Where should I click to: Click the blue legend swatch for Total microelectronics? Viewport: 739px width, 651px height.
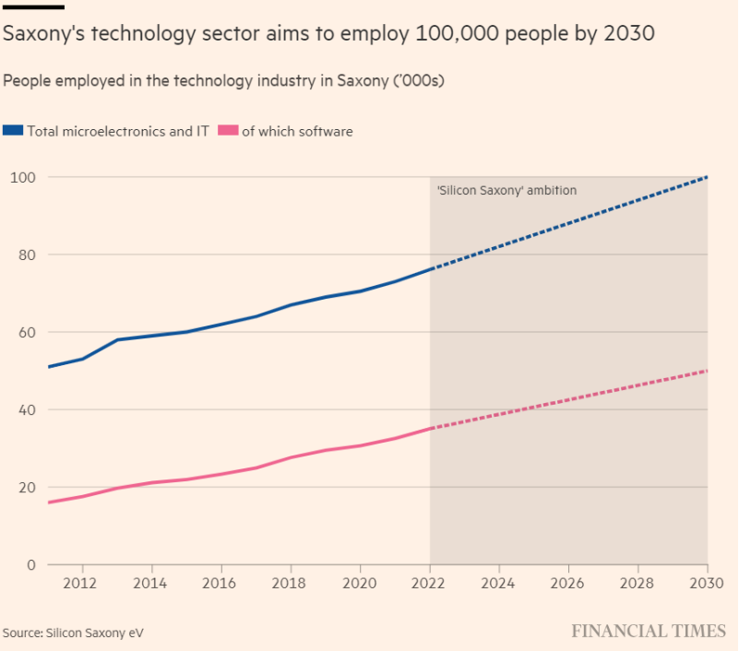tap(13, 131)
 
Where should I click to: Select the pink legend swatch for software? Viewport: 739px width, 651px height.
tap(228, 131)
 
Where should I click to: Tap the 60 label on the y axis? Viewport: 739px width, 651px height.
tap(25, 332)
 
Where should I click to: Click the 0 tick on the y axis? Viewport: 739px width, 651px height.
tap(30, 565)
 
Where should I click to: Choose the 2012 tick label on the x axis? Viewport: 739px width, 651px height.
tap(82, 583)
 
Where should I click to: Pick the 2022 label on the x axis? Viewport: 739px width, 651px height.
tap(429, 583)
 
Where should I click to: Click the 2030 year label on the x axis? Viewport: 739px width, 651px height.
tap(707, 583)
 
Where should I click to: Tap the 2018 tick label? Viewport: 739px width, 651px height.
tap(290, 583)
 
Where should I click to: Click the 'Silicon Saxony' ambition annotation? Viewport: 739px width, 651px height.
tap(507, 191)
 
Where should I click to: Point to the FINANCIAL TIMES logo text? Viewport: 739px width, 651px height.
tap(649, 632)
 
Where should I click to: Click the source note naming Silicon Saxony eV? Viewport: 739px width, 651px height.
tap(73, 633)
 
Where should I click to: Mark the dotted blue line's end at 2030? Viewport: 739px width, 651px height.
tap(707, 177)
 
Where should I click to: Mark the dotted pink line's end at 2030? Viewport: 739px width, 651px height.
tap(707, 371)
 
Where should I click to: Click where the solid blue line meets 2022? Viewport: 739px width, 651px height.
tap(430, 269)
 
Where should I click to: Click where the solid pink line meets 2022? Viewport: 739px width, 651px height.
tap(430, 429)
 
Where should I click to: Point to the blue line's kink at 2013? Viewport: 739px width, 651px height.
tap(117, 339)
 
